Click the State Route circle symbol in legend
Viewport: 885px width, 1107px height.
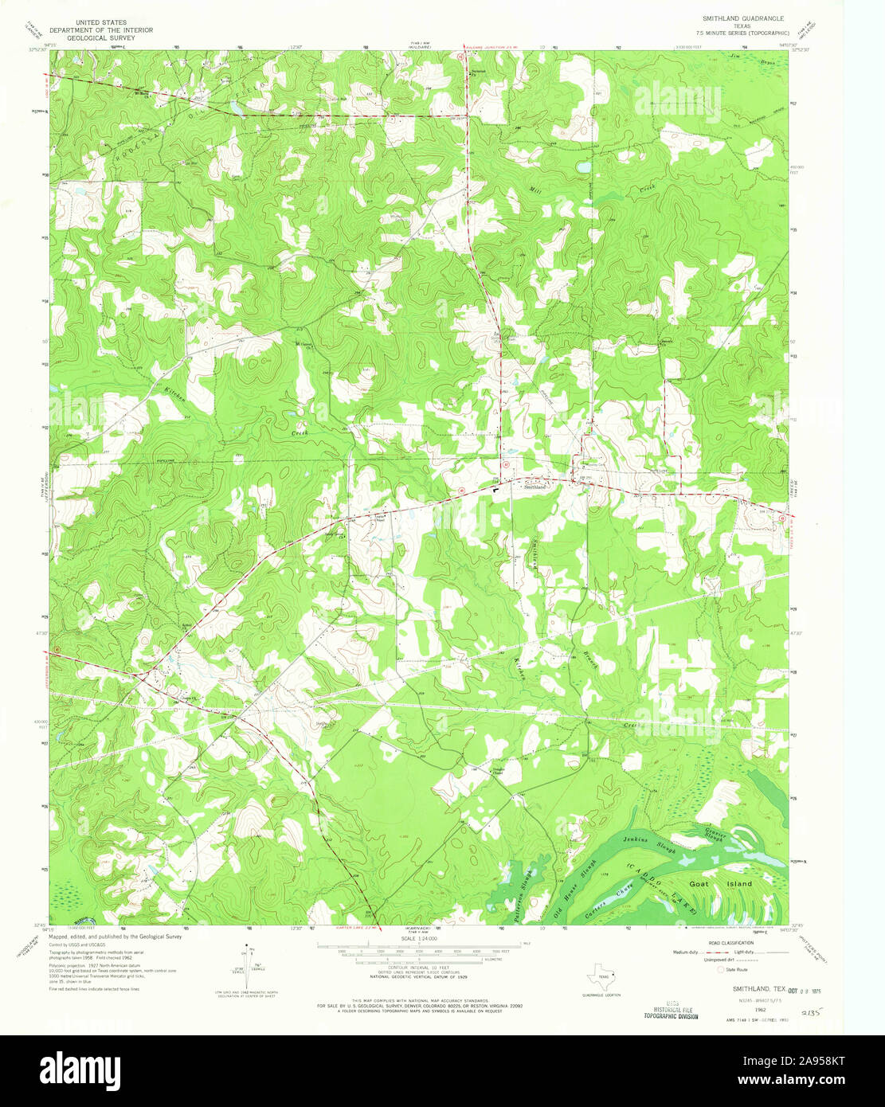click(x=722, y=970)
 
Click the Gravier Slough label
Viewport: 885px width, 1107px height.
click(x=715, y=831)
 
